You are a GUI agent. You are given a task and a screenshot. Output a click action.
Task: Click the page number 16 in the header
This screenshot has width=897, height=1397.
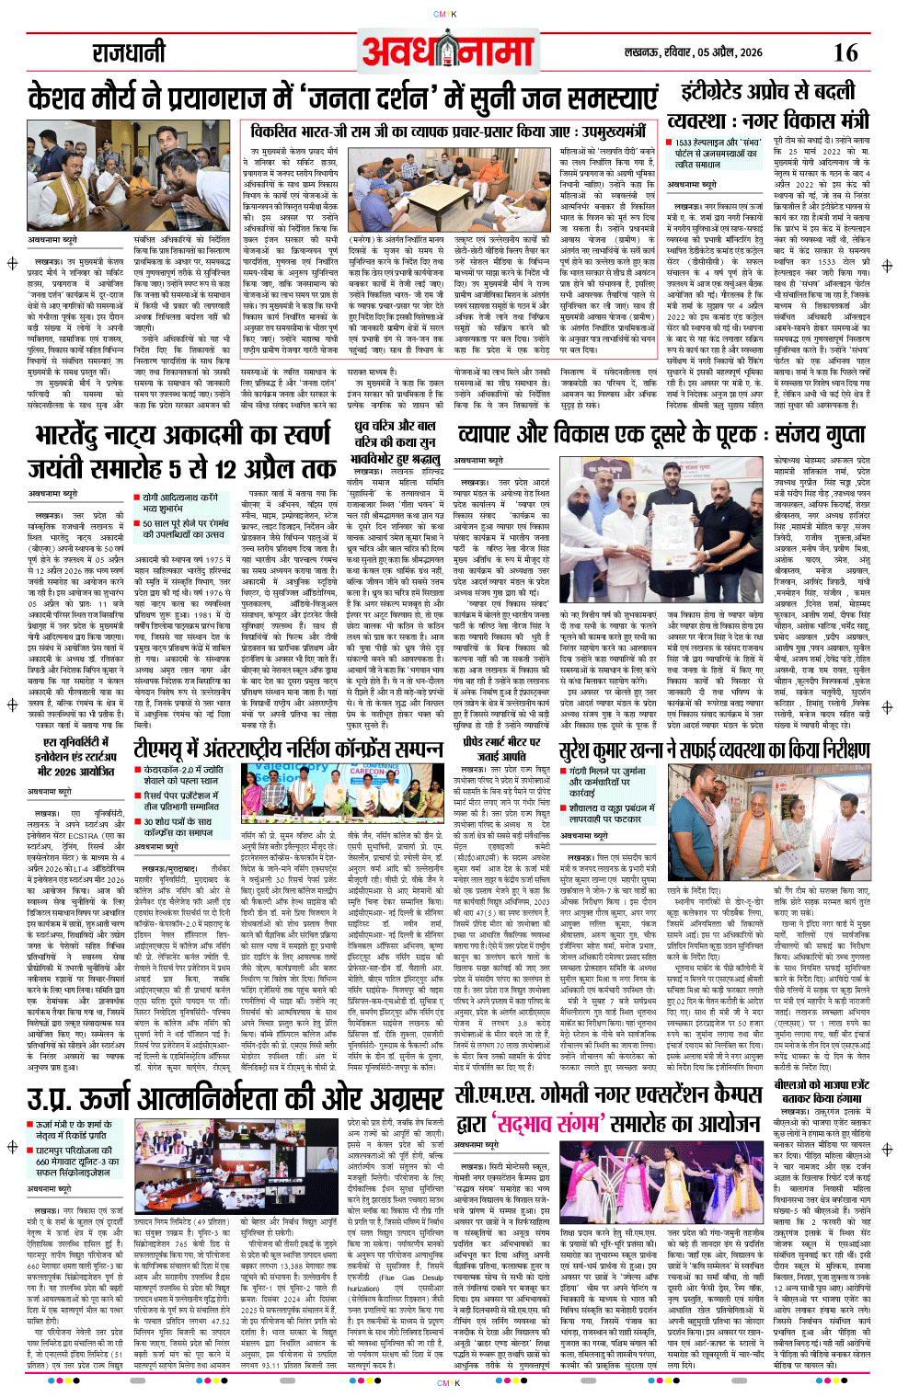pos(845,52)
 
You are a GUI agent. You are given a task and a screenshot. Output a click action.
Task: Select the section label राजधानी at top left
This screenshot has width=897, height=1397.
pos(128,52)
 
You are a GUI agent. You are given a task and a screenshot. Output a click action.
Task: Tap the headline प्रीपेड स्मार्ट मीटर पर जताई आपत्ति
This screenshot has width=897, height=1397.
pos(502,749)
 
